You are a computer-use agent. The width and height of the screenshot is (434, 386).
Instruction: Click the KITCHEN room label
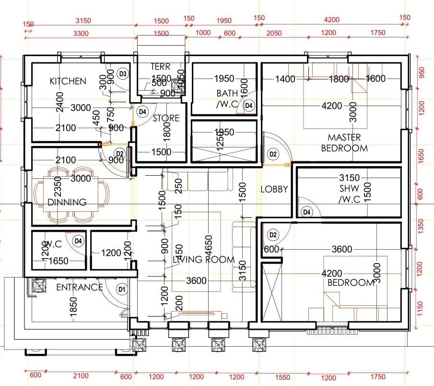[68, 81]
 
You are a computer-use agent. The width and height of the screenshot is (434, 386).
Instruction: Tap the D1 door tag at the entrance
[122, 289]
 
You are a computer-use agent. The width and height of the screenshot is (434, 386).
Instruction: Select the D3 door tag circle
[123, 73]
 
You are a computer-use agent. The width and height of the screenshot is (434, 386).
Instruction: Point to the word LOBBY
[274, 189]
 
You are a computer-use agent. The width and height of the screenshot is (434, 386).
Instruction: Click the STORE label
[166, 118]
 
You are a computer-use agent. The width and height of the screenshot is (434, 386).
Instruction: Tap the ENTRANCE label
[80, 288]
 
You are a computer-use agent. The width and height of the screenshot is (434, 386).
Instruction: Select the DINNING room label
[67, 202]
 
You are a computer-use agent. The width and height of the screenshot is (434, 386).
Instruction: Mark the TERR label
[161, 67]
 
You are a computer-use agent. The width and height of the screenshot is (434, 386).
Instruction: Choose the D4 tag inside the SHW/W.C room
[306, 211]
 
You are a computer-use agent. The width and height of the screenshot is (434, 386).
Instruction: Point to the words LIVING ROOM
[204, 260]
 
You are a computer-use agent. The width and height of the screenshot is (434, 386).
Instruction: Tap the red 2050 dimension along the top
[273, 33]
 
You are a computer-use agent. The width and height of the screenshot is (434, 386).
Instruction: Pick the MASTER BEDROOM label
[344, 143]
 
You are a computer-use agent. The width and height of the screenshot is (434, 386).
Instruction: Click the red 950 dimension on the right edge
[422, 72]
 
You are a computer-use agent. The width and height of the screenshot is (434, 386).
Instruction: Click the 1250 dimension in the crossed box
[220, 140]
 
